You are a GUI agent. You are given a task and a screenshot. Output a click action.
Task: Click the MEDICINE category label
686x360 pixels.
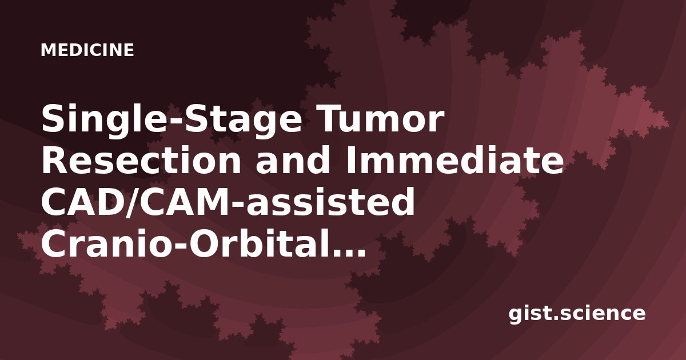tap(87, 50)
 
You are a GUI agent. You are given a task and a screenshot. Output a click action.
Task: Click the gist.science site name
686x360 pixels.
tap(577, 314)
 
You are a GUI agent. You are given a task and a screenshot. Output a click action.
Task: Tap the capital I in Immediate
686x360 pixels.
tap(350, 161)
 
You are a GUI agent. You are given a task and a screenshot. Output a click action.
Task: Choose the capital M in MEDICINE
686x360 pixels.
tap(48, 50)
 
